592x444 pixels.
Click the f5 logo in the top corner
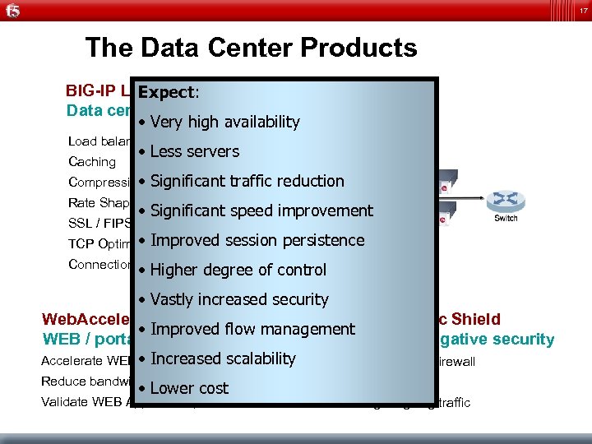[12, 11]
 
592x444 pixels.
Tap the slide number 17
[581, 10]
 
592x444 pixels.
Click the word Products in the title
[358, 48]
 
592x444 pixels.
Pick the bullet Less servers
[194, 151]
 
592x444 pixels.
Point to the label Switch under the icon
[505, 219]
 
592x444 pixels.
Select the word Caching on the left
[92, 162]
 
